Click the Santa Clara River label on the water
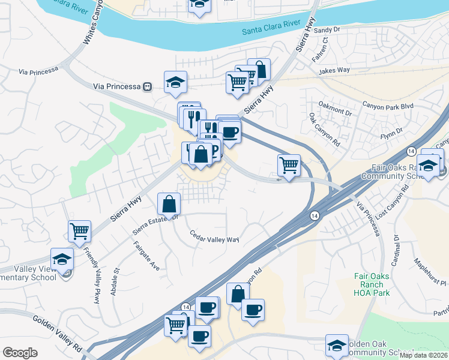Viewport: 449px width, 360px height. click(x=271, y=26)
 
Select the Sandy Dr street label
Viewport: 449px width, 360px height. click(x=327, y=29)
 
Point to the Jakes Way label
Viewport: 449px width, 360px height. click(x=334, y=70)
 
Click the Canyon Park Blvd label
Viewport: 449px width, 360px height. click(x=388, y=106)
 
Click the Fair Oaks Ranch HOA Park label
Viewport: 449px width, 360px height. click(x=372, y=285)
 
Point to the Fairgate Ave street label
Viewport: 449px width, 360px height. click(x=145, y=256)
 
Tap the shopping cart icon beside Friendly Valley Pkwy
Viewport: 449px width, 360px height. click(x=79, y=231)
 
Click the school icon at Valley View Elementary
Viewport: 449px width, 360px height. click(x=62, y=259)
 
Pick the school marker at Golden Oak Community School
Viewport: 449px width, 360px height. click(x=337, y=346)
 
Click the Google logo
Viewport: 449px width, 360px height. click(x=20, y=352)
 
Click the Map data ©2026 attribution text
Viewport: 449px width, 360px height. click(x=423, y=355)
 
